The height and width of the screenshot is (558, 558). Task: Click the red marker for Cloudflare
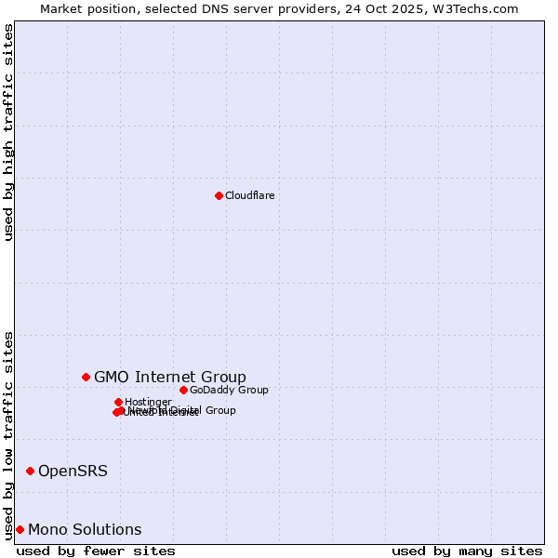(x=219, y=195)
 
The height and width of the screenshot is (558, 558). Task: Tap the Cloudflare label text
(x=249, y=195)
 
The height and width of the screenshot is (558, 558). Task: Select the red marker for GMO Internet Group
(x=86, y=377)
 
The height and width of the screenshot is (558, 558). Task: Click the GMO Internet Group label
(x=170, y=377)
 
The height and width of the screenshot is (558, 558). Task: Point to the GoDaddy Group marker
(x=183, y=390)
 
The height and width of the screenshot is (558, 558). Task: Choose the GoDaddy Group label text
(x=229, y=390)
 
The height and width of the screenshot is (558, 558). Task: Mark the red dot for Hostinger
(x=118, y=402)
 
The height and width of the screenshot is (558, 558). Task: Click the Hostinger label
(x=148, y=402)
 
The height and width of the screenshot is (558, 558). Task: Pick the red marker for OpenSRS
(x=30, y=471)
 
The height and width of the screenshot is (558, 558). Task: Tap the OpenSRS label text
(x=73, y=471)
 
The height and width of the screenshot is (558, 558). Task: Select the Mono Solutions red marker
(x=20, y=529)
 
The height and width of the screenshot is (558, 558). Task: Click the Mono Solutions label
(x=85, y=529)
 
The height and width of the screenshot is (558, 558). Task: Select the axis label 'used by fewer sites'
(x=96, y=551)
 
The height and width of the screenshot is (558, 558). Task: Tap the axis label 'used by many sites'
(x=467, y=551)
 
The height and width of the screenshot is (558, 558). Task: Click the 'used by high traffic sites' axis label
(x=9, y=132)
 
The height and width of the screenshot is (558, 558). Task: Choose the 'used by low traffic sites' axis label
(x=9, y=434)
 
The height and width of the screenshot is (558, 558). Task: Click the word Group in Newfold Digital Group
(x=219, y=410)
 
